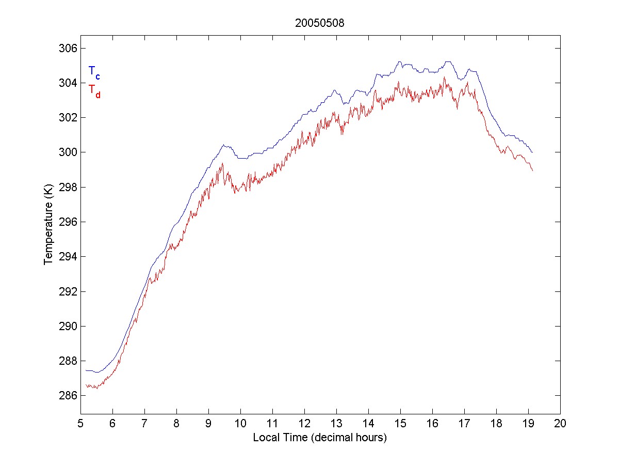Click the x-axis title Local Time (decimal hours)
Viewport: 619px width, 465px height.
[x=320, y=438]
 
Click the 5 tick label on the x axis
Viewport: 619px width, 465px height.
[x=80, y=424]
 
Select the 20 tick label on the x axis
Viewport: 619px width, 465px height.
[x=560, y=424]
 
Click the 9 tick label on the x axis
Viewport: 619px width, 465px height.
[x=208, y=424]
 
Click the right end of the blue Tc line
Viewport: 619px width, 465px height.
[x=532, y=152]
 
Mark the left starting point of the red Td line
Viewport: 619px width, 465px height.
[x=86, y=385]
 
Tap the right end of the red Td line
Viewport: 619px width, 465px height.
[x=532, y=171]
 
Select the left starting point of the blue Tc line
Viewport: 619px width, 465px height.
[x=86, y=370]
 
